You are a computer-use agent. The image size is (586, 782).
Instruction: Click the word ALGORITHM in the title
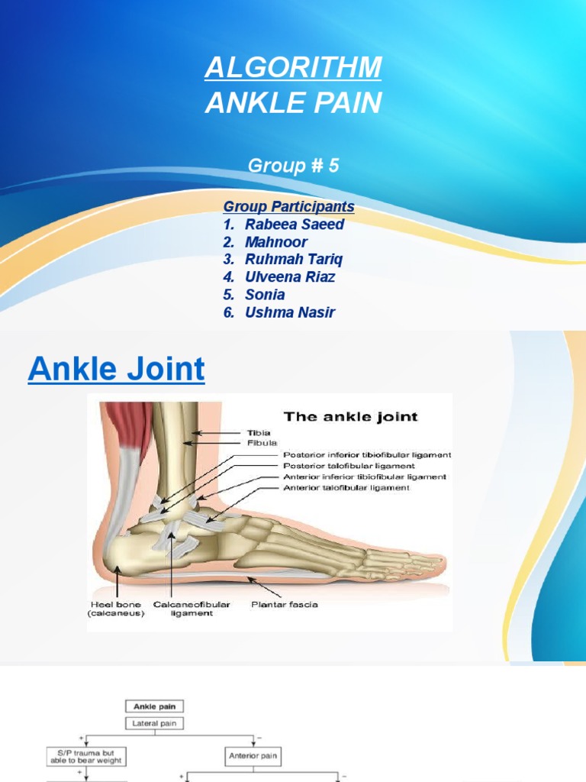tap(293, 68)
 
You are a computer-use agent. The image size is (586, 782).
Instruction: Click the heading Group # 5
tap(293, 166)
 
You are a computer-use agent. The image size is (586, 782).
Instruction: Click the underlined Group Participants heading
tap(288, 207)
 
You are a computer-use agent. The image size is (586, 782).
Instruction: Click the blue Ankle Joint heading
tap(116, 370)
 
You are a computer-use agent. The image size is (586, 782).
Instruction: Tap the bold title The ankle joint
tap(350, 417)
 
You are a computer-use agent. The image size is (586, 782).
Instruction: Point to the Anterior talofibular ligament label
tap(346, 487)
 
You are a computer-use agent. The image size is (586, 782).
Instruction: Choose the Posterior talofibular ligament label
tap(349, 465)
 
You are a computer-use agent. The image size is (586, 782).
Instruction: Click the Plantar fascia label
tap(285, 604)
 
